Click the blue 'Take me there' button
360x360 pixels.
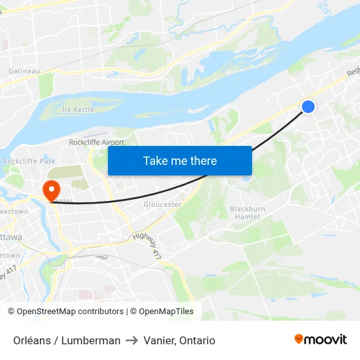180,160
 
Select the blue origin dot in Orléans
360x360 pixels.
308,106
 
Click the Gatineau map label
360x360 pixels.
24,71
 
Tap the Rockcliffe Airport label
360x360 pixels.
96,142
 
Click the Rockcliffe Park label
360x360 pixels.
29,160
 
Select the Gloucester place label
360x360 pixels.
162,204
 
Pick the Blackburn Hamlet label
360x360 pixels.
247,213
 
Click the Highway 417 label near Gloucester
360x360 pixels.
145,243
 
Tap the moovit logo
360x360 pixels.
321,340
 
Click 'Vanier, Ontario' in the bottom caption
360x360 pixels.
179,340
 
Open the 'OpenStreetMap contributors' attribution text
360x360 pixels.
70,312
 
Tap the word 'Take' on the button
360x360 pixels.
155,160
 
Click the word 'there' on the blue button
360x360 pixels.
204,160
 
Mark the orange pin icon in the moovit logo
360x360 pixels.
299,339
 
